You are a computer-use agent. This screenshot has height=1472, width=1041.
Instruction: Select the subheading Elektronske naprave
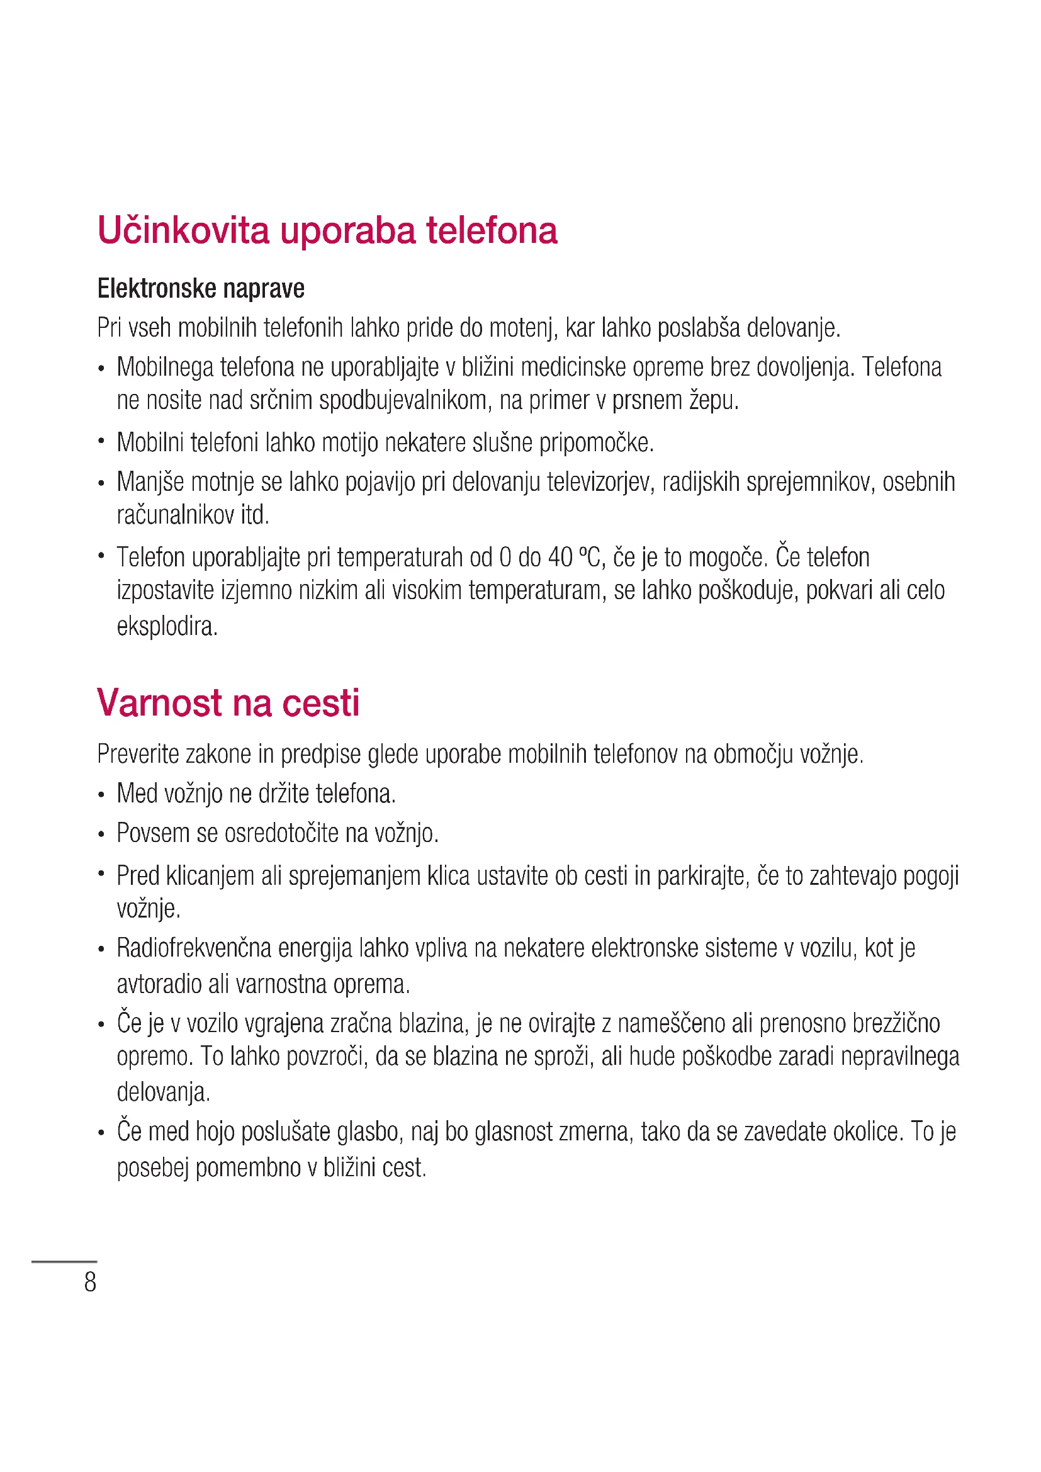201,288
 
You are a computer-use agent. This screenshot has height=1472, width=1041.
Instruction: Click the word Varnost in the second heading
159,703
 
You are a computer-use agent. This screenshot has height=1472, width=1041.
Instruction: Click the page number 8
91,1282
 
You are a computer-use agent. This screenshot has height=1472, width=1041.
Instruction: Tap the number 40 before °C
560,558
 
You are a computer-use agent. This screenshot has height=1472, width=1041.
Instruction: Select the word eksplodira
167,626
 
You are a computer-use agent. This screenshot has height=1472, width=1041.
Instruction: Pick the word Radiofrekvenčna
194,948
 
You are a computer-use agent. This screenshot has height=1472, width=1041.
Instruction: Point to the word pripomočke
596,443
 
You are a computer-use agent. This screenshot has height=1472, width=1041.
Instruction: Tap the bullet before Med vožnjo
101,795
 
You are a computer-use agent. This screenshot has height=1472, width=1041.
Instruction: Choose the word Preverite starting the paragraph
138,755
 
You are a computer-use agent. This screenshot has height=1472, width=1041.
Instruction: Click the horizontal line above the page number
64,1261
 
